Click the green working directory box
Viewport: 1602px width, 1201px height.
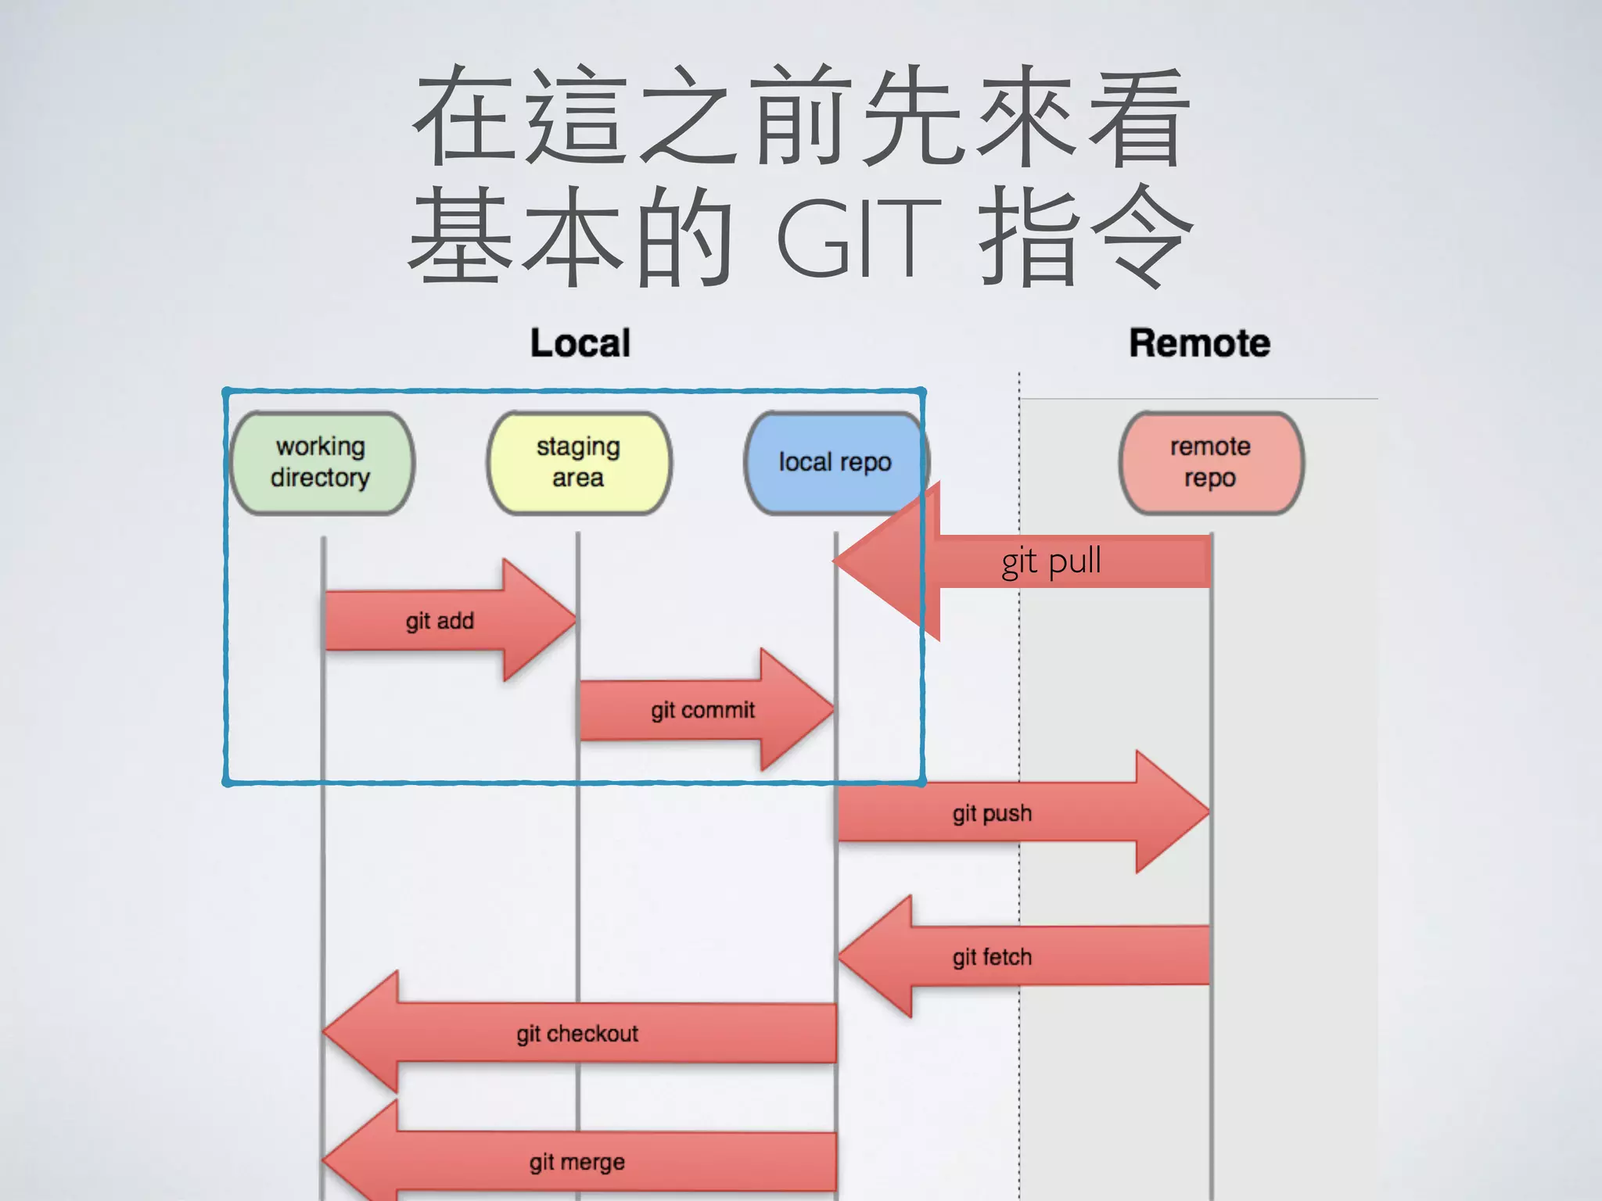[321, 463]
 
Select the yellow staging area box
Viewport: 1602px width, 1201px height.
[579, 463]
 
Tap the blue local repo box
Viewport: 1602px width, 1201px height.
[835, 463]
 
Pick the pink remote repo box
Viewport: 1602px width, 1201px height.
[1211, 463]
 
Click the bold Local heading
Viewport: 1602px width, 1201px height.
[580, 343]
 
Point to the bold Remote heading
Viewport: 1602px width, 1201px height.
[1199, 343]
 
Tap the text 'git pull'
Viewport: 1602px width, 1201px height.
[1051, 561]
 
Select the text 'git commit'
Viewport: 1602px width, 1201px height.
[702, 710]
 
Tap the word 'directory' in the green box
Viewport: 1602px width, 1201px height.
[321, 478]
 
